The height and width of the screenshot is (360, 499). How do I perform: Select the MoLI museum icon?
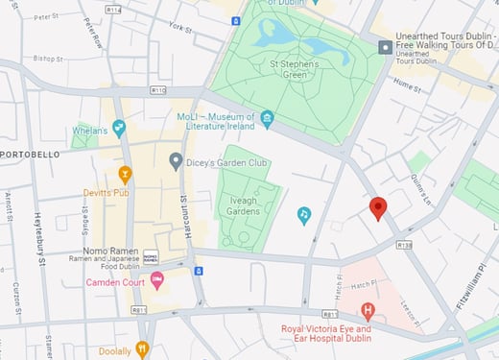click(268, 118)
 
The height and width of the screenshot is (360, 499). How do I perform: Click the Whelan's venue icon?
click(119, 127)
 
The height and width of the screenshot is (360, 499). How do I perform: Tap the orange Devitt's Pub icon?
click(124, 174)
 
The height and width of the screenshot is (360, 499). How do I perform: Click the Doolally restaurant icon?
click(143, 349)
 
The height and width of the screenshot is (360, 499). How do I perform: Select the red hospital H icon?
click(367, 310)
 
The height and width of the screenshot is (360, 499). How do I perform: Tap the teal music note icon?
click(304, 215)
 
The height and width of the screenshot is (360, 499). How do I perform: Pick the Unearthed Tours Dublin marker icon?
click(385, 46)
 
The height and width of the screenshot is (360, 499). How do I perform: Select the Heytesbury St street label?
click(39, 240)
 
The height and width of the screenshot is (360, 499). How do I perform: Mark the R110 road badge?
click(158, 90)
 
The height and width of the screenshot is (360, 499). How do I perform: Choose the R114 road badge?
click(114, 10)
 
